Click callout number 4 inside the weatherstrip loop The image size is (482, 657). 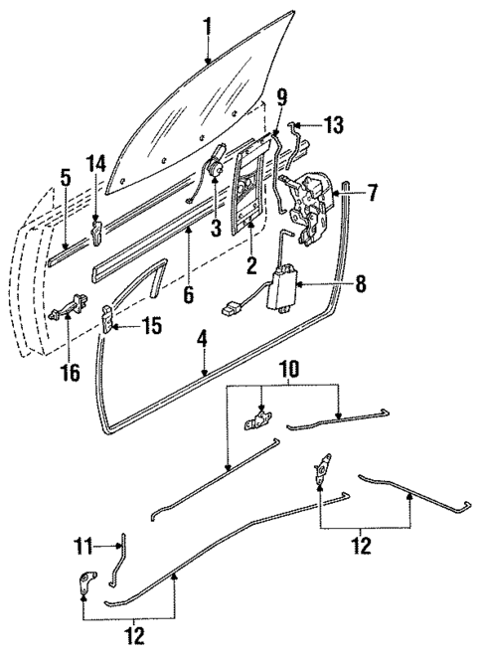coord(202,337)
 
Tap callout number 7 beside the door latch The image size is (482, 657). coord(372,193)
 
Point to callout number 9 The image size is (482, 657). coord(282,96)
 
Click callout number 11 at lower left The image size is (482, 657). coord(85,545)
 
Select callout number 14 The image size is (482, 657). coord(95,163)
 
